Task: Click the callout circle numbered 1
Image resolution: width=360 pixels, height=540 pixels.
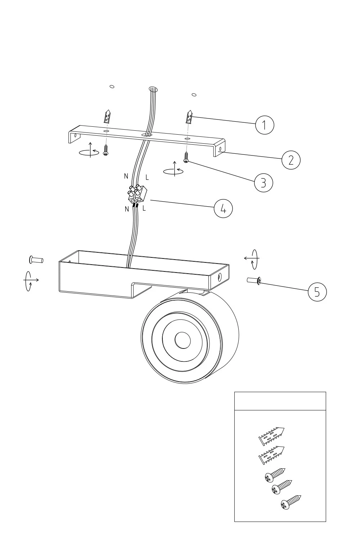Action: [x=265, y=125]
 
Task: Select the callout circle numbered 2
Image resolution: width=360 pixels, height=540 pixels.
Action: [x=291, y=160]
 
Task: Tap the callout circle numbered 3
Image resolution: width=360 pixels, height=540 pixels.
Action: [x=264, y=183]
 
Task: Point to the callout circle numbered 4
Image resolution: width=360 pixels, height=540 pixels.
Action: [x=223, y=209]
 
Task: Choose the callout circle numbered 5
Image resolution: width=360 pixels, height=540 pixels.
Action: [x=317, y=292]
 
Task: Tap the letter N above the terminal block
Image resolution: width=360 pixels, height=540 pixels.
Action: [x=126, y=176]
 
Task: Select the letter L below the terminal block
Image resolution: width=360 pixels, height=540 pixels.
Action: [x=144, y=208]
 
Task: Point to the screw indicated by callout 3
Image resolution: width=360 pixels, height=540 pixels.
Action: [x=186, y=157]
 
